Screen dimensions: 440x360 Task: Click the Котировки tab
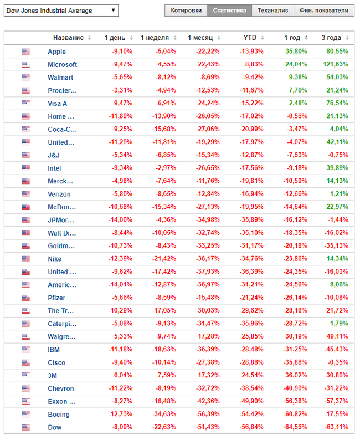tap(186, 11)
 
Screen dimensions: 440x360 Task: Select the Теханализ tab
tap(273, 11)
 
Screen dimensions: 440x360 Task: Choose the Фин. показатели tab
tap(324, 11)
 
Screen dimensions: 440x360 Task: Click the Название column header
tap(68, 38)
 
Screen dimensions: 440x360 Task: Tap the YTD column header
tap(250, 38)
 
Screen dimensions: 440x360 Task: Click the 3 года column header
tap(331, 38)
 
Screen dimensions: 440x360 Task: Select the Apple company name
tap(56, 52)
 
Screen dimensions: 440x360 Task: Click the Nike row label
tap(54, 259)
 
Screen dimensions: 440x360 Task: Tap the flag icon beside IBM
tap(25, 350)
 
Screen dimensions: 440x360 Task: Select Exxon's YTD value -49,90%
tap(252, 401)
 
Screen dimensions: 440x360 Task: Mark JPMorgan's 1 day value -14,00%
tap(119, 220)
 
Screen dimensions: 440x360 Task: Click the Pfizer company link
tap(57, 298)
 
